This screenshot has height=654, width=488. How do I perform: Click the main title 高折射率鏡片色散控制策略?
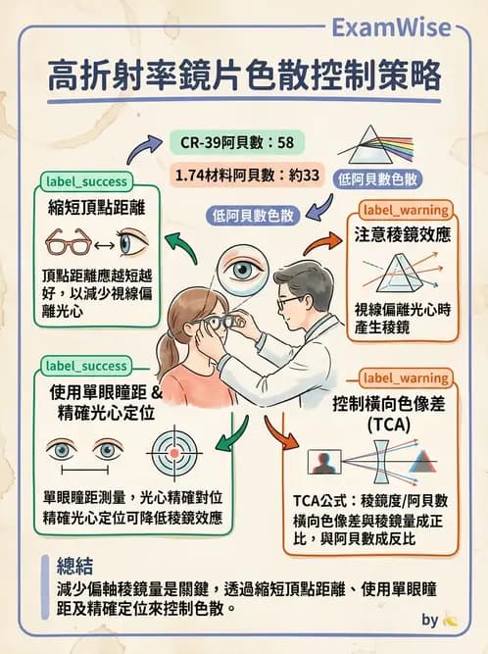point(244,77)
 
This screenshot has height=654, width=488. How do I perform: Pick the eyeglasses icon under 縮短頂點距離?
point(70,241)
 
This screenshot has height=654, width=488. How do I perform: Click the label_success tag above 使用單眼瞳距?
point(84,366)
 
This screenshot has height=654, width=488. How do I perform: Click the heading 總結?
point(77,566)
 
